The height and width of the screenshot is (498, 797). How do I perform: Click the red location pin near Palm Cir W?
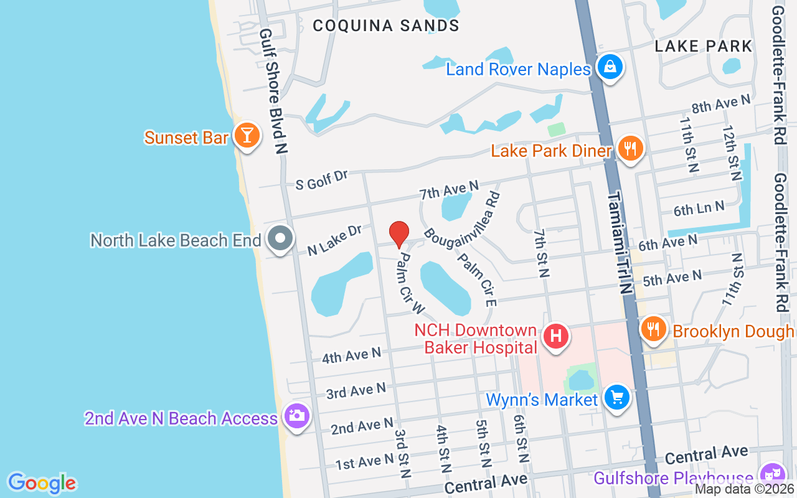pyautogui.click(x=399, y=235)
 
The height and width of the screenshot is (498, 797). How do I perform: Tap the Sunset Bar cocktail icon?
pyautogui.click(x=247, y=135)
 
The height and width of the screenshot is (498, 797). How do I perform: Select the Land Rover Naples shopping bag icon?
pyautogui.click(x=610, y=67)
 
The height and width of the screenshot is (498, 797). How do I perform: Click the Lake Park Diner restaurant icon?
pyautogui.click(x=631, y=149)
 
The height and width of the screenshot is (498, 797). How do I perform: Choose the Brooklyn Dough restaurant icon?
pyautogui.click(x=653, y=329)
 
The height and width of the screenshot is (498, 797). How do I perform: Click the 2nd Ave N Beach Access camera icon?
pyautogui.click(x=296, y=415)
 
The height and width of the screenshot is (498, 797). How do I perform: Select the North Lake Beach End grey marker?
pyautogui.click(x=280, y=238)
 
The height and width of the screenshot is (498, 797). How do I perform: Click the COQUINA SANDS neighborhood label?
pyautogui.click(x=386, y=26)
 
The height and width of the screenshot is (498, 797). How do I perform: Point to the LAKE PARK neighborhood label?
pyautogui.click(x=704, y=46)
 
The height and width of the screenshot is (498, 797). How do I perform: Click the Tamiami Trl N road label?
pyautogui.click(x=621, y=243)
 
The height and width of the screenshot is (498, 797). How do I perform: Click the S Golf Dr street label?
pyautogui.click(x=321, y=179)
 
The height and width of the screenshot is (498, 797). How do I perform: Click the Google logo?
pyautogui.click(x=42, y=483)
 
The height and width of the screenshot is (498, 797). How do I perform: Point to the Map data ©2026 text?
pyautogui.click(x=744, y=489)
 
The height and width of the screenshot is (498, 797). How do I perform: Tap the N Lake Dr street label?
pyautogui.click(x=335, y=240)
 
